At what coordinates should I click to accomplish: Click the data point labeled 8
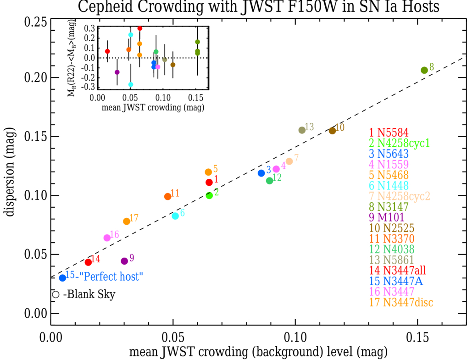pos(424,70)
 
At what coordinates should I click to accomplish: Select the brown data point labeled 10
pos(332,131)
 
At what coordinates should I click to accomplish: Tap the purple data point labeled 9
pos(124,261)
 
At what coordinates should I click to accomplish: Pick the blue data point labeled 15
pos(62,278)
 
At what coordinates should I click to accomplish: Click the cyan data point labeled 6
pos(175,216)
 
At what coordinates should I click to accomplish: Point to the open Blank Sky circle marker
pos(56,295)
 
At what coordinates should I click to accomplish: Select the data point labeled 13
pos(302,130)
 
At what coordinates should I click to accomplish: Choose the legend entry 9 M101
pos(389,216)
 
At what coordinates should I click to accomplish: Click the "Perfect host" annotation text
pos(111,277)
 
